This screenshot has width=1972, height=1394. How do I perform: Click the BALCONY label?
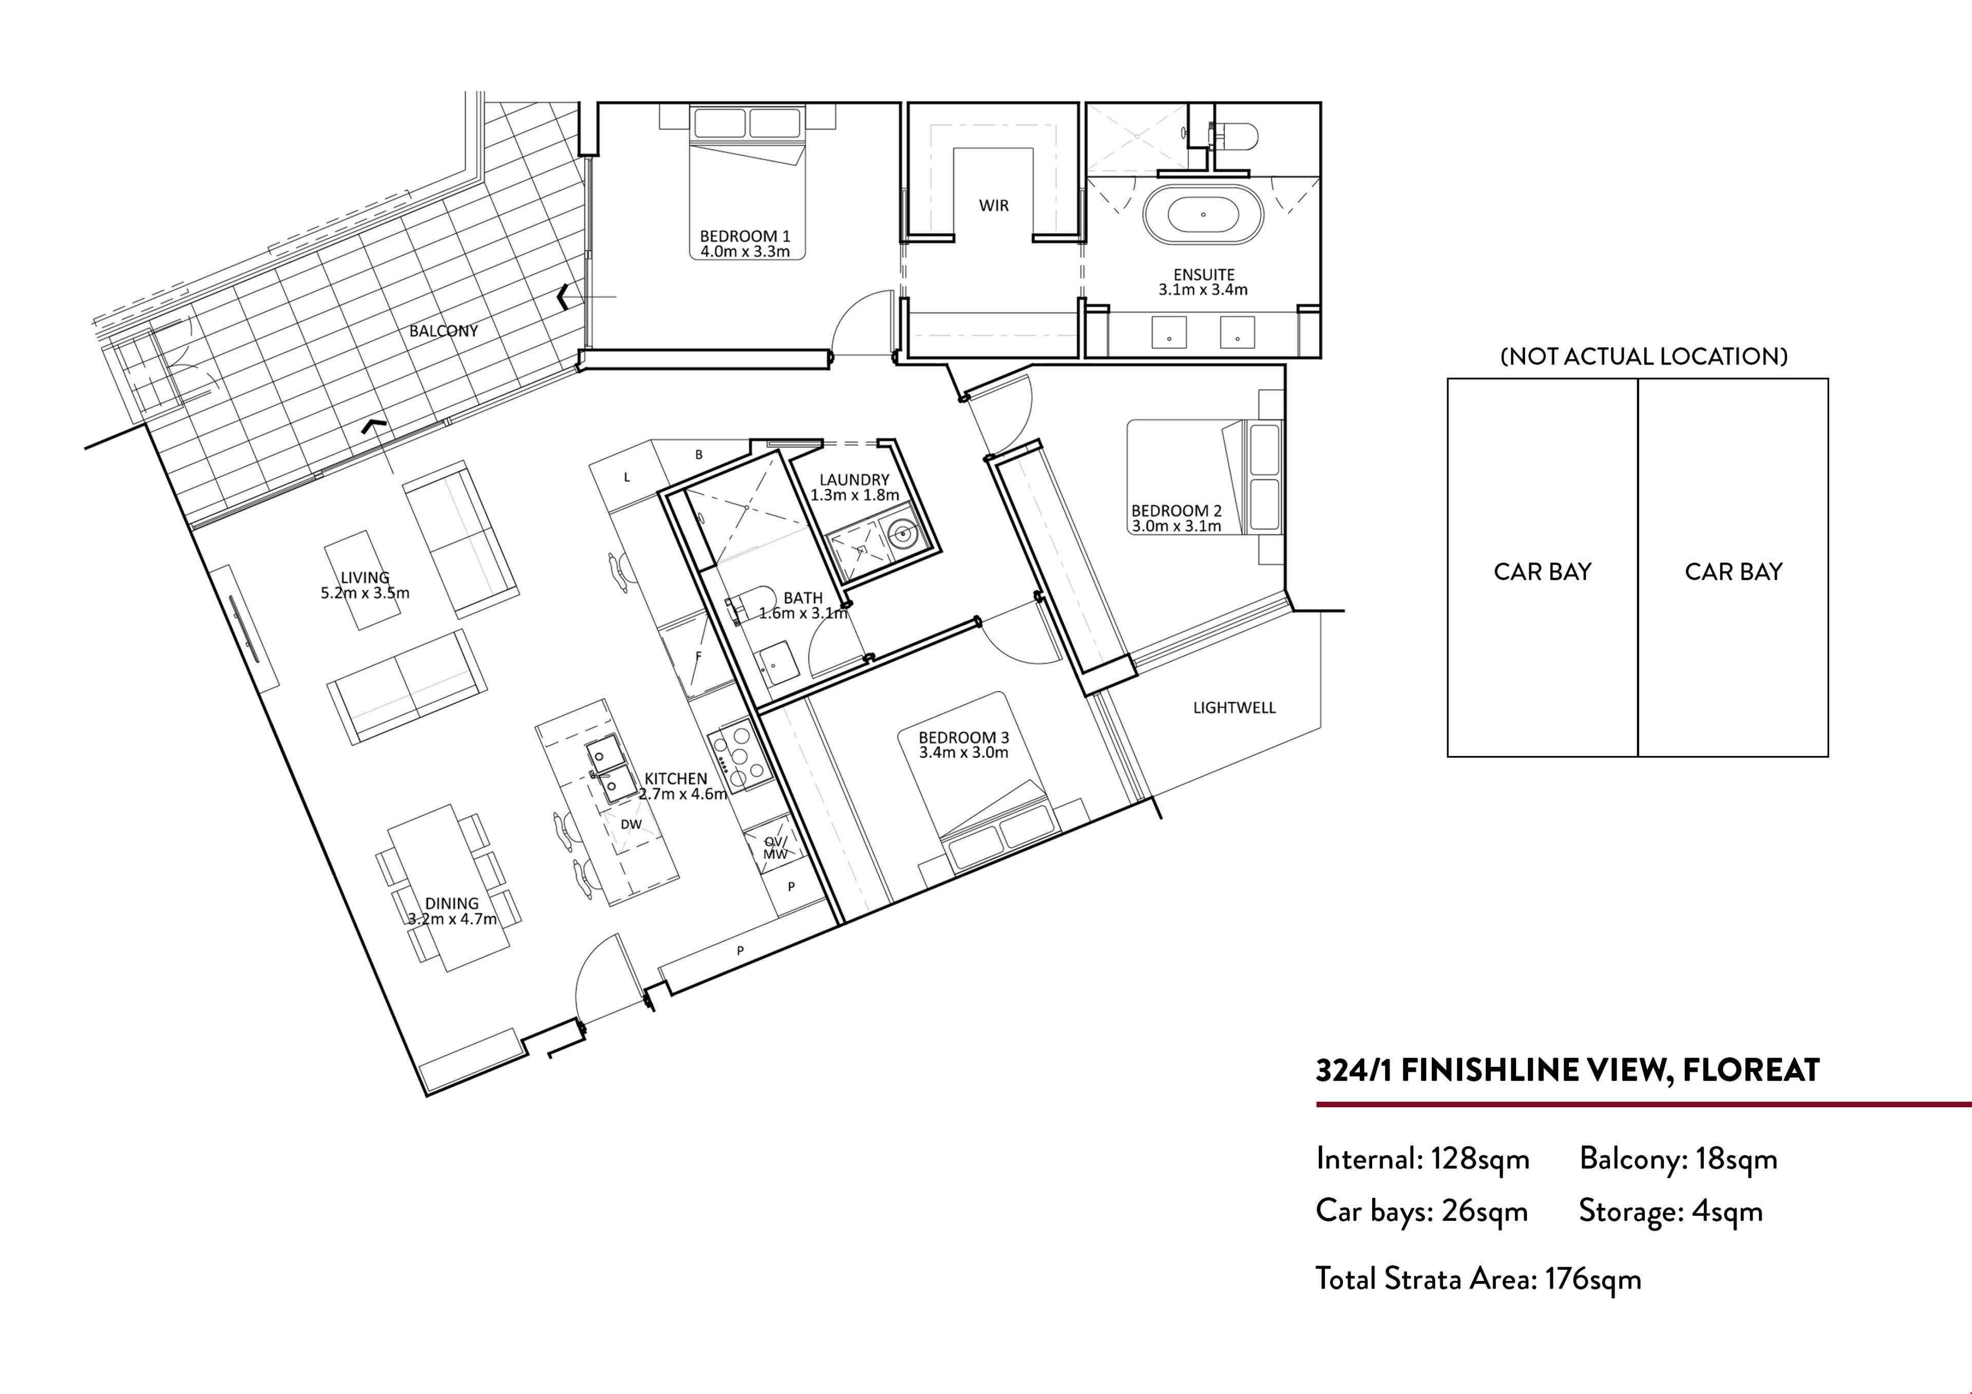(x=443, y=331)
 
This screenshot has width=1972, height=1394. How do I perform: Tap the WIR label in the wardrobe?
(x=994, y=205)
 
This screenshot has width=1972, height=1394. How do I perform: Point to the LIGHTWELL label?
(x=1234, y=708)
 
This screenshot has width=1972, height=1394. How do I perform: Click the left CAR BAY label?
(x=1543, y=572)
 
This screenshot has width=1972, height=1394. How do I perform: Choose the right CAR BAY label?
(x=1733, y=572)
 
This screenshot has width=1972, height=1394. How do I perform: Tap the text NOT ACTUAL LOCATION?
(x=1644, y=356)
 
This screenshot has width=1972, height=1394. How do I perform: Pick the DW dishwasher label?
(x=631, y=824)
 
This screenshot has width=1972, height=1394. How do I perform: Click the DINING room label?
(x=452, y=903)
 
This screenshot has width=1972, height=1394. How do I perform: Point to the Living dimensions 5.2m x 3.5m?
(x=365, y=593)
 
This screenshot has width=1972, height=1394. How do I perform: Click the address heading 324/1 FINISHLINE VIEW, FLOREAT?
(x=1567, y=1071)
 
